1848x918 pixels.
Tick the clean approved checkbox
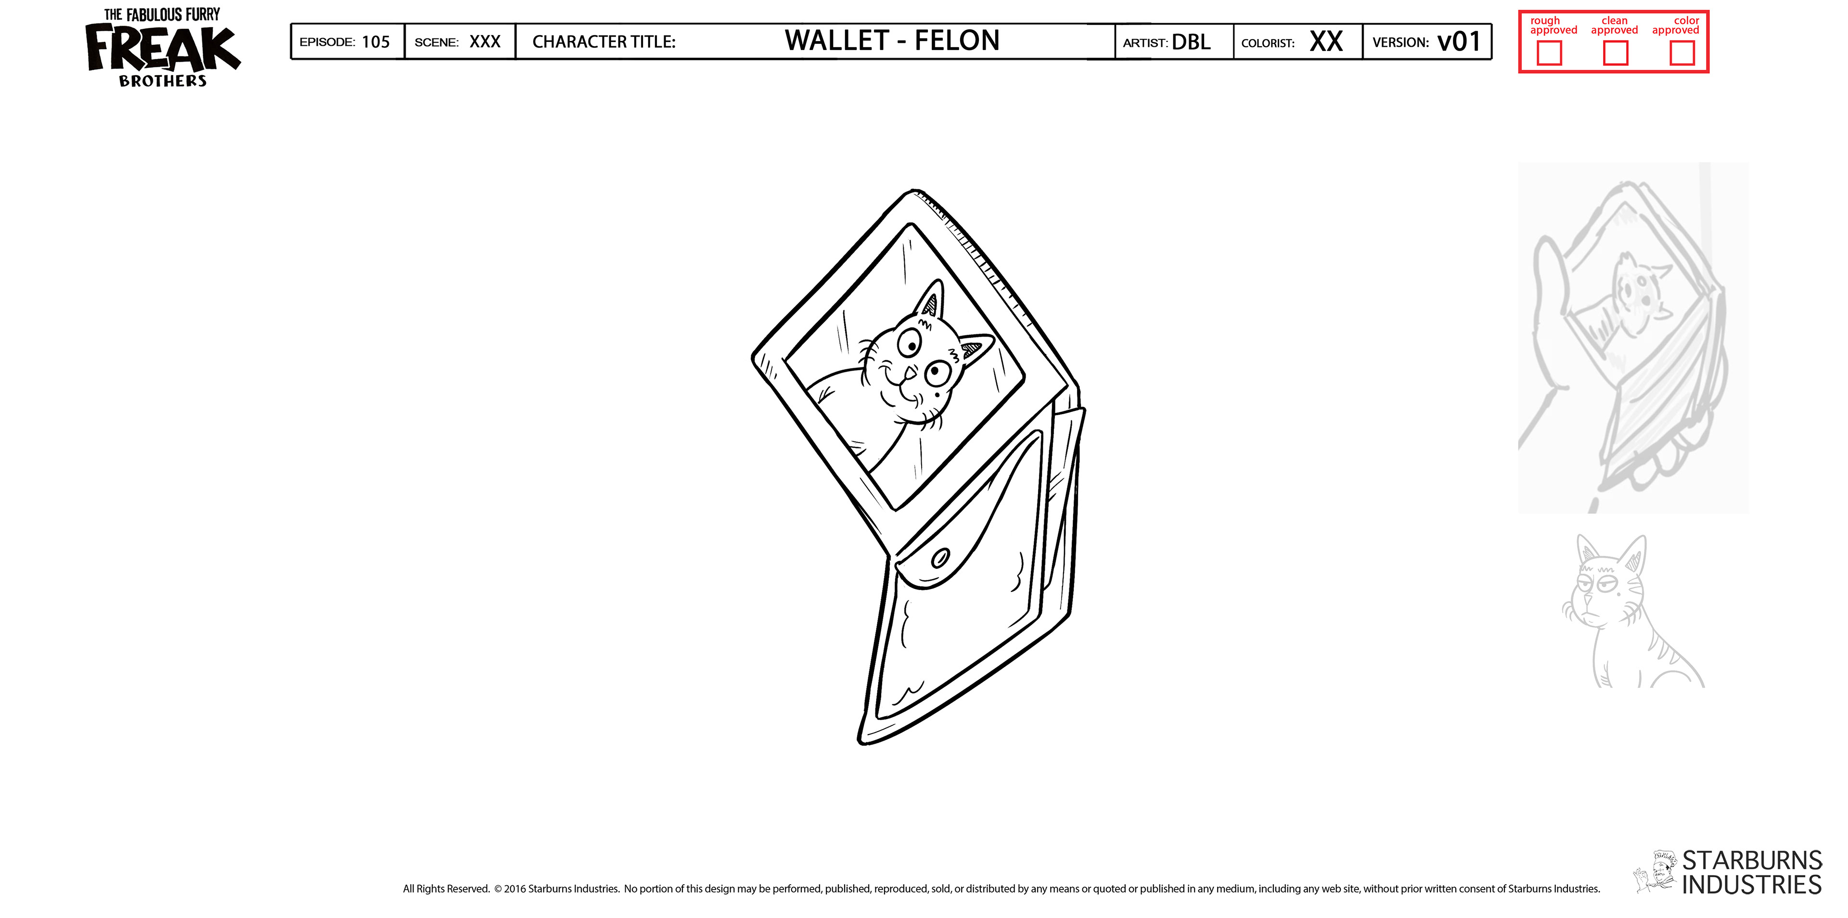[x=1615, y=53]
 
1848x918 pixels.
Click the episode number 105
[x=375, y=41]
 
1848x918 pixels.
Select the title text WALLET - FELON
[x=892, y=41]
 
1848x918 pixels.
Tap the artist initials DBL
[x=1191, y=41]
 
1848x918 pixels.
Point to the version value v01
[x=1459, y=41]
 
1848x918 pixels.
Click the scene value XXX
[x=485, y=41]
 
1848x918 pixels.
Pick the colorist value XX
[x=1326, y=41]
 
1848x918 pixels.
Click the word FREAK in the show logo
[x=162, y=49]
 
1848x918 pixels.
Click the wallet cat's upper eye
[x=909, y=345]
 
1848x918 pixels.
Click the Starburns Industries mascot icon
[x=1655, y=873]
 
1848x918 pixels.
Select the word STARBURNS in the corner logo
[x=1751, y=860]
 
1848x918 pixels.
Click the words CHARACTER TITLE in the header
[x=603, y=41]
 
